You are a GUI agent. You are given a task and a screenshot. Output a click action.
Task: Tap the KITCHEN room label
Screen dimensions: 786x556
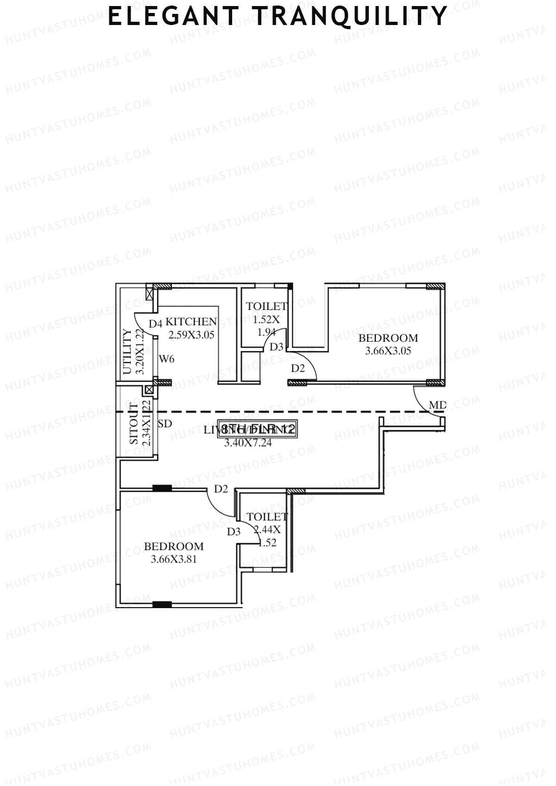click(191, 321)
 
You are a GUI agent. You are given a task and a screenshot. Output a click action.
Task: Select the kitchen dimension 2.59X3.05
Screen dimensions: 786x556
click(191, 335)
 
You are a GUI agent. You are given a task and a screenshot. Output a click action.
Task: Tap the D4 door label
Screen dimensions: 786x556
click(155, 323)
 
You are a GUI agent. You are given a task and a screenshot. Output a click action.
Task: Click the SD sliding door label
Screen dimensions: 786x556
click(165, 423)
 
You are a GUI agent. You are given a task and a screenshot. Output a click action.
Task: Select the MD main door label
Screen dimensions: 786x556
click(437, 405)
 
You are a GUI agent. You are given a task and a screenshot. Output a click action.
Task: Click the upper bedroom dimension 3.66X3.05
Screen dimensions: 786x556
click(388, 351)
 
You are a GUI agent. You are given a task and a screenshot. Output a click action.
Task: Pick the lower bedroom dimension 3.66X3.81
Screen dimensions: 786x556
click(174, 559)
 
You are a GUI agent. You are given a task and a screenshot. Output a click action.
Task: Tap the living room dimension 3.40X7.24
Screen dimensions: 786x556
click(248, 443)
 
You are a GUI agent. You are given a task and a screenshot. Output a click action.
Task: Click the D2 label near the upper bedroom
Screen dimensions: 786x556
click(298, 368)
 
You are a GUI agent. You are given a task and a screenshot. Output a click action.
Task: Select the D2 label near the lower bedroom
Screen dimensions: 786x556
click(221, 489)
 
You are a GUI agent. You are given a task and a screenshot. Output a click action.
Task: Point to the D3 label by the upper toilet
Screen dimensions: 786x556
click(276, 346)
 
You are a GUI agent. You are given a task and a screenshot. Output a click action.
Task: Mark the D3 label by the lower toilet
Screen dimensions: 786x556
click(234, 532)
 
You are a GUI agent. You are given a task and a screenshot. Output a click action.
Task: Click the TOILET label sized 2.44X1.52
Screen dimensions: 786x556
click(267, 516)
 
